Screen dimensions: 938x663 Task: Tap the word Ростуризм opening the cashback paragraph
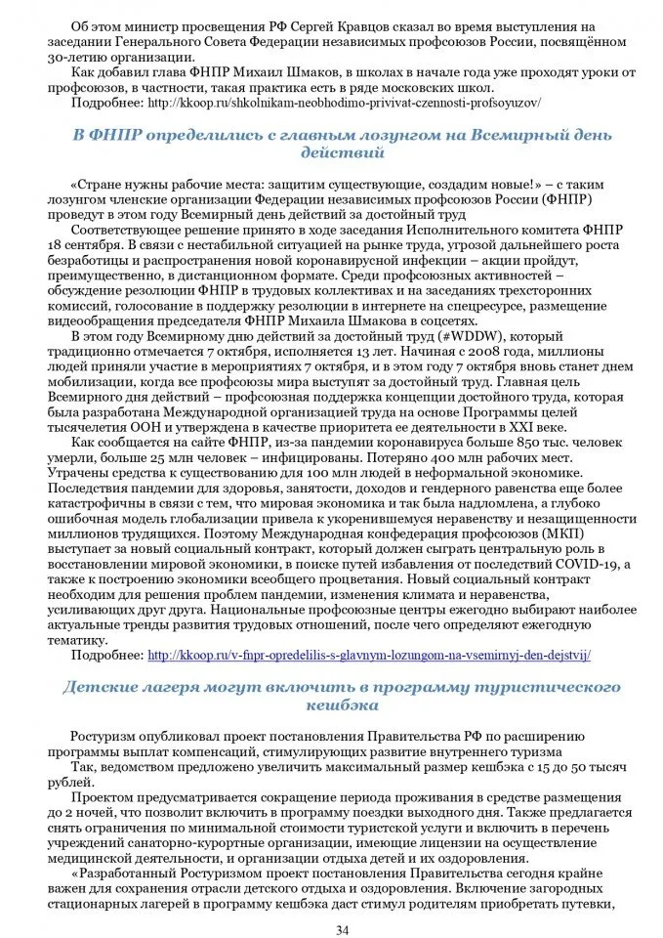[108, 736]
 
